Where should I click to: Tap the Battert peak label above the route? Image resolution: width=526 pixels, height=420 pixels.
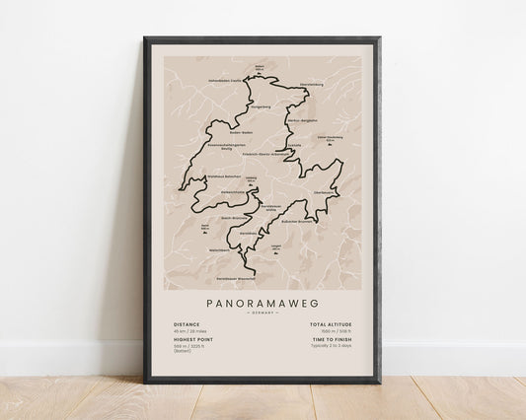(260, 69)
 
